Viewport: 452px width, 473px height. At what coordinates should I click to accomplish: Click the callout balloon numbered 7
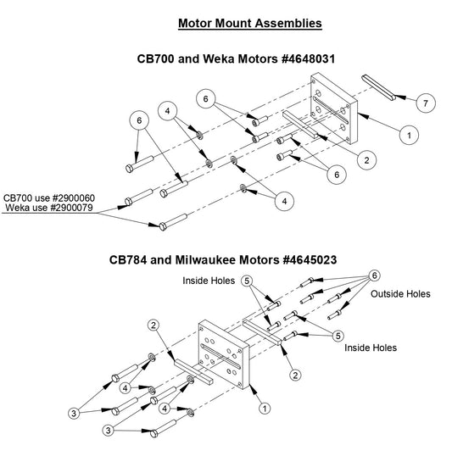pyautogui.click(x=427, y=102)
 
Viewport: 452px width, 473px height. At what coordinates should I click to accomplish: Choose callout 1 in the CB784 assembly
pyautogui.click(x=265, y=408)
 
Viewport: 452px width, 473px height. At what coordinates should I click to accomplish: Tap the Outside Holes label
pyautogui.click(x=400, y=294)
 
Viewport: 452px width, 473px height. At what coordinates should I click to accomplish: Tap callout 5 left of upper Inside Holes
pyautogui.click(x=247, y=280)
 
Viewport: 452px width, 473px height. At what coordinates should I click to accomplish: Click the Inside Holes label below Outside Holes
pyautogui.click(x=371, y=348)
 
